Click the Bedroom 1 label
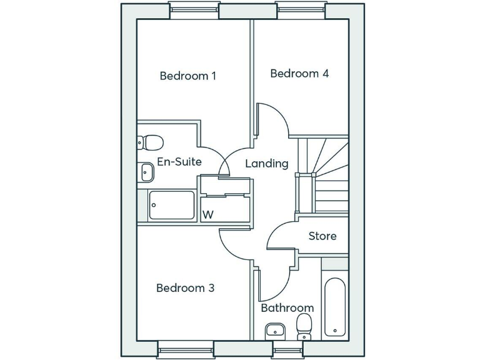coord(187,76)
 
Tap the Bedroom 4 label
coord(299,74)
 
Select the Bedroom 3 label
coord(185,288)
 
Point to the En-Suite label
coord(179,162)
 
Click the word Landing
coord(266,164)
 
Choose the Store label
coord(322,236)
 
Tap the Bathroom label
coord(287,308)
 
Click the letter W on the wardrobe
coord(208,214)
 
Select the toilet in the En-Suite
coord(151,142)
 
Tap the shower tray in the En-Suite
coord(172,205)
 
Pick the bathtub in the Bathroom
coord(335,306)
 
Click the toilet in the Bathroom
coord(304,327)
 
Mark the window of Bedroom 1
coord(194,7)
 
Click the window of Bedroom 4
coord(301,7)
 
